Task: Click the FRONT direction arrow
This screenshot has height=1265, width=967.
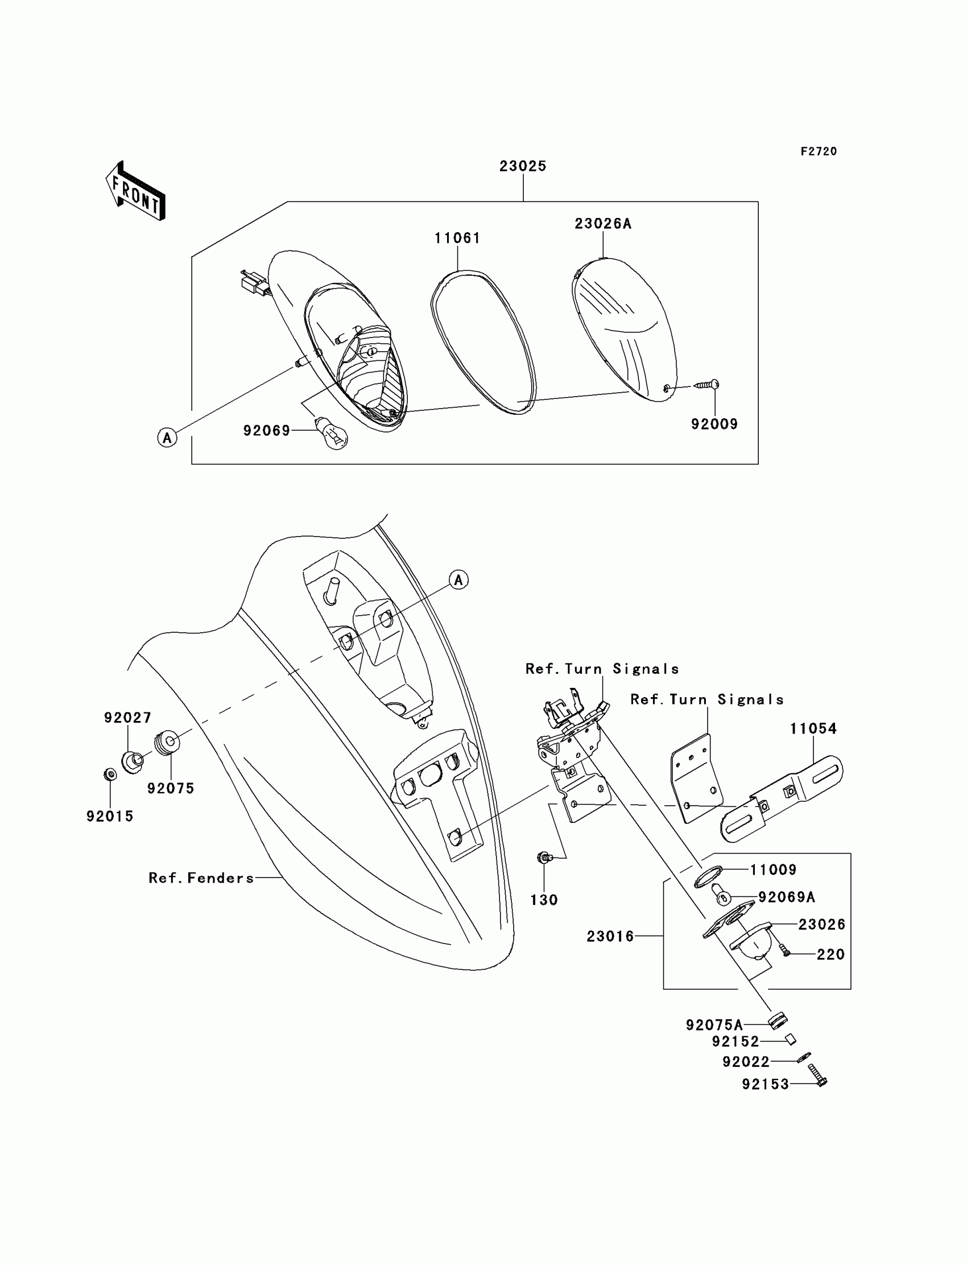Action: point(136,192)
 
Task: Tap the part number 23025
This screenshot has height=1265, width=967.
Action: point(522,166)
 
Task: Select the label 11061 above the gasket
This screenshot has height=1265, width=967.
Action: point(457,238)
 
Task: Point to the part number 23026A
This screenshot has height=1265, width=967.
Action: point(602,224)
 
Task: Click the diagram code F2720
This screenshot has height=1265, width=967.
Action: point(819,151)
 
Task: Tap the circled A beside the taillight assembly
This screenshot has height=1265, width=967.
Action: point(167,438)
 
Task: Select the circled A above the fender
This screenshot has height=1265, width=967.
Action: point(458,580)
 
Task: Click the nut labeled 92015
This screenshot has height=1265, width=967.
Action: point(110,774)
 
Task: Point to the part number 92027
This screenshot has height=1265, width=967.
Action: point(128,718)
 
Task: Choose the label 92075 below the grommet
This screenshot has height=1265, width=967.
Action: point(171,788)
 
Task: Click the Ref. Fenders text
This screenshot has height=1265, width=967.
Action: point(201,878)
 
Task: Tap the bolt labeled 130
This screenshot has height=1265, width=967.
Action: point(543,874)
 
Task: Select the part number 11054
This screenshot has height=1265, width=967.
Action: point(813,728)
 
